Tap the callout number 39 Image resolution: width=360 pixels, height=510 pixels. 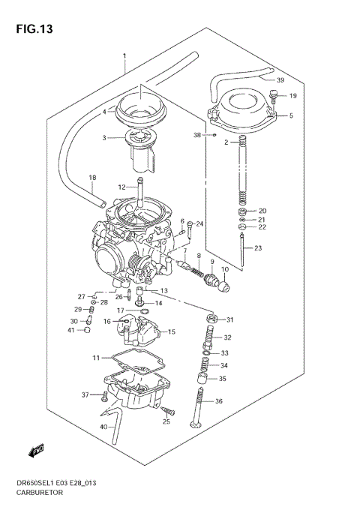click(280, 80)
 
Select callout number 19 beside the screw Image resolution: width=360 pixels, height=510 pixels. click(292, 96)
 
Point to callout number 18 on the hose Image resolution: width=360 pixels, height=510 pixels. click(93, 178)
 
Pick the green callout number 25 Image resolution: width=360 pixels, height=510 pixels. click(166, 421)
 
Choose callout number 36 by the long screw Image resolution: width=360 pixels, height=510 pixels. click(219, 402)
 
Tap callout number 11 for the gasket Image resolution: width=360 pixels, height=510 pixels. click(96, 358)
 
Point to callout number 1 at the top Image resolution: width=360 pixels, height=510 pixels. click(124, 57)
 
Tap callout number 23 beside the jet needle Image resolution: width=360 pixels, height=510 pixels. click(259, 248)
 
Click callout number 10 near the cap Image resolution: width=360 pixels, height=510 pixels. click(224, 268)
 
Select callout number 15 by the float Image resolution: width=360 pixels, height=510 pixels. click(171, 331)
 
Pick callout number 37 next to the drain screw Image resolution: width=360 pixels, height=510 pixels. click(85, 394)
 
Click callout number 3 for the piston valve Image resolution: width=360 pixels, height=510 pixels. click(106, 137)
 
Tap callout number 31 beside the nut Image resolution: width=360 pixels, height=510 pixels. click(230, 319)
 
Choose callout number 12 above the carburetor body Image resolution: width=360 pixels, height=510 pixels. click(121, 187)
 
